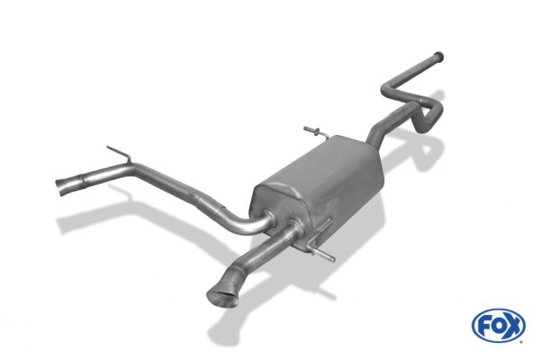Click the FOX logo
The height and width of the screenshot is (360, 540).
click(499, 325)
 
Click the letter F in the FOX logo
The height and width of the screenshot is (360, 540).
click(483, 326)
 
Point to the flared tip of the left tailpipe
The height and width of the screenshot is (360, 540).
click(62, 186)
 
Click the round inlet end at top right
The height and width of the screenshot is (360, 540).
click(438, 57)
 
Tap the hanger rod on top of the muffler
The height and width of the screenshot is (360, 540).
click(315, 132)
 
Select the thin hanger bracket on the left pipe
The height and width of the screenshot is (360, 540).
click(120, 154)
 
